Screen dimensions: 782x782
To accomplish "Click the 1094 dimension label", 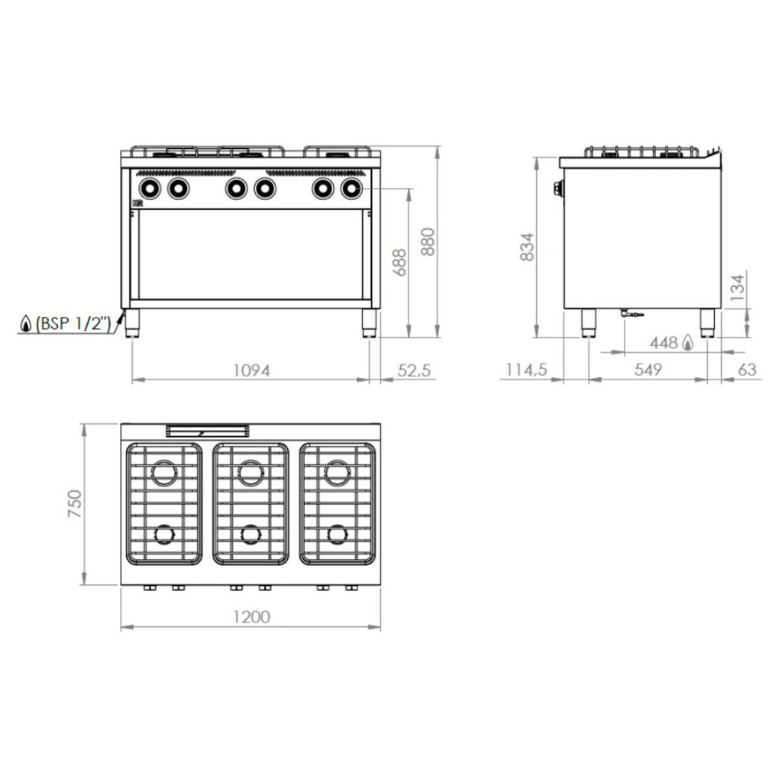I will tap(251, 370).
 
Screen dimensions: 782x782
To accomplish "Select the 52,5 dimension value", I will tap(415, 370).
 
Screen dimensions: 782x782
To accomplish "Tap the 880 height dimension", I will tap(428, 243).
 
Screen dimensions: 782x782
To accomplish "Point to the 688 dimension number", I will tap(399, 262).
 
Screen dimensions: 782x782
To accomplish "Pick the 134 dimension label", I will tap(736, 289).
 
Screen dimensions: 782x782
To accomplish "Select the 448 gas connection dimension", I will tap(664, 343).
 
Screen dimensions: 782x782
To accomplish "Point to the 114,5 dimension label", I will tap(525, 370).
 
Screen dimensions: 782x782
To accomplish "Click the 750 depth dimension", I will tap(74, 505).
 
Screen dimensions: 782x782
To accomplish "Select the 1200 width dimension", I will tap(250, 617).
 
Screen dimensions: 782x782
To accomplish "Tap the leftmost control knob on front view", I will tap(148, 187).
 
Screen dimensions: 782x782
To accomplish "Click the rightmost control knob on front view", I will tap(351, 187).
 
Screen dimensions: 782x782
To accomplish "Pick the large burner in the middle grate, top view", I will tap(250, 473).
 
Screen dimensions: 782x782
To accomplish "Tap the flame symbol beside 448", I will tap(688, 343).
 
